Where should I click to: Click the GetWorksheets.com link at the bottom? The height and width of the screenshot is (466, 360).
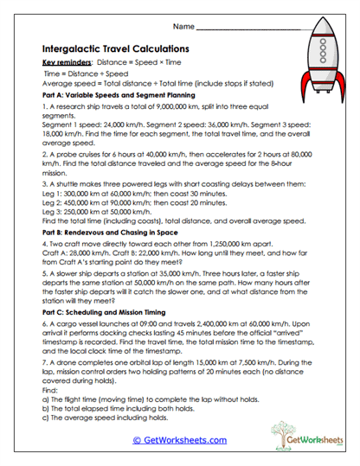pyautogui.click(x=179, y=440)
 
